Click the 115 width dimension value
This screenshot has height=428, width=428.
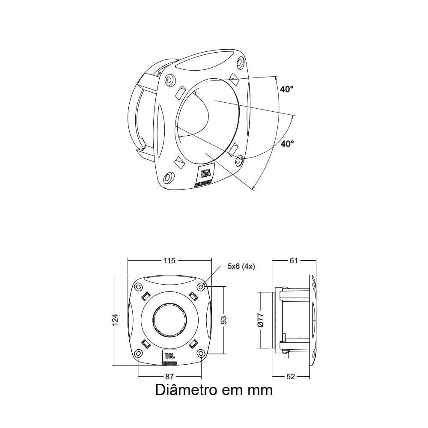(170, 260)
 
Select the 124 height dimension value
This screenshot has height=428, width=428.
(115, 320)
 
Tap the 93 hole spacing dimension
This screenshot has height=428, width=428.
(224, 320)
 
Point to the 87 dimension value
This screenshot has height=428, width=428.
(170, 376)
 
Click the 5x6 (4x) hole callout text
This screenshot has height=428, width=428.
(241, 266)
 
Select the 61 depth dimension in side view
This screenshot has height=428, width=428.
(294, 260)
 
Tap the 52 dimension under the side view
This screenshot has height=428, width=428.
(291, 376)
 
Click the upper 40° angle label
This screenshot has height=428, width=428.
(287, 89)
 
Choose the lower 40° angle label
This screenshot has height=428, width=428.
(287, 144)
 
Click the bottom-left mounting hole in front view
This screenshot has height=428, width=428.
(138, 354)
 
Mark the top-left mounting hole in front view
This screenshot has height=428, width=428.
(138, 287)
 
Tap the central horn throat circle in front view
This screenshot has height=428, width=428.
(170, 320)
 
